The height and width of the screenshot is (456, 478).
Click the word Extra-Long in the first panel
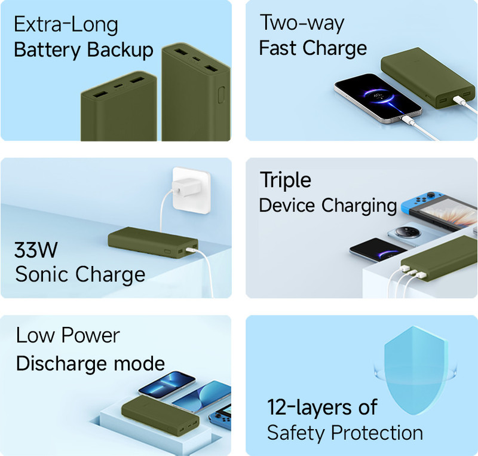(x=66, y=25)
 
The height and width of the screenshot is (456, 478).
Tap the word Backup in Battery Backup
(x=120, y=50)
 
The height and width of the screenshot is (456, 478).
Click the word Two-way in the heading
(x=302, y=23)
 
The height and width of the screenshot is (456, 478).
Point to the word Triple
(x=286, y=180)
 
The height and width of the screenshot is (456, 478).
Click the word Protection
(x=377, y=433)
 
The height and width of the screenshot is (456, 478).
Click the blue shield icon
(x=415, y=371)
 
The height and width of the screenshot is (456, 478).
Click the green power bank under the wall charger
(x=153, y=243)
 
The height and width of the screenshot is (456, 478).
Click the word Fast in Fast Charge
(x=278, y=48)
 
